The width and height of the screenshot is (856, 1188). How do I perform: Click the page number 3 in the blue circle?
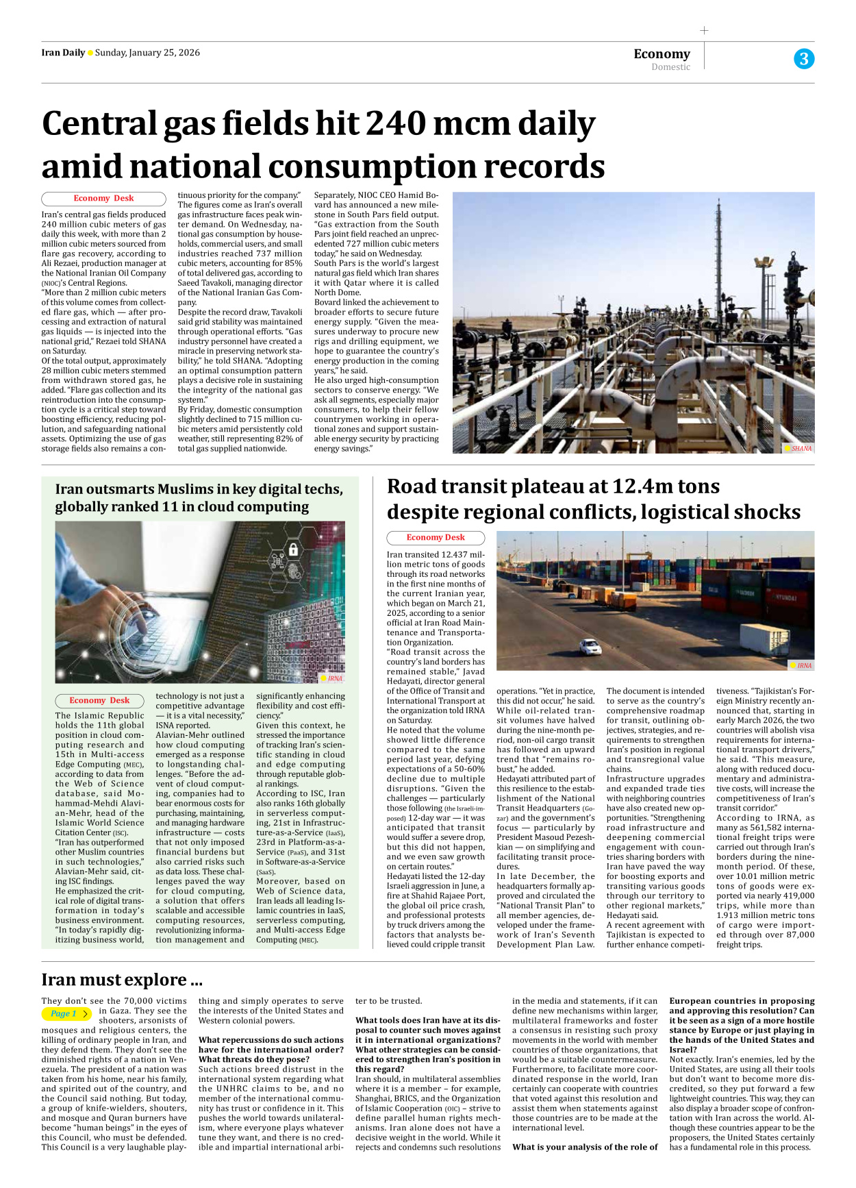pyautogui.click(x=804, y=59)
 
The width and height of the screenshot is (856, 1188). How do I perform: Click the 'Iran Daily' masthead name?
pyautogui.click(x=62, y=53)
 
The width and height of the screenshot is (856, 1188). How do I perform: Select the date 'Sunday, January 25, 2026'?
pyautogui.click(x=147, y=53)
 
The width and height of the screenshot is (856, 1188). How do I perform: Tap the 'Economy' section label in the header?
pyautogui.click(x=662, y=53)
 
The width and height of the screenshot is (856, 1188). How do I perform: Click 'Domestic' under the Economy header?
pyautogui.click(x=670, y=67)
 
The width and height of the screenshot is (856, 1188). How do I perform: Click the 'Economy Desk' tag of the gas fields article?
pyautogui.click(x=103, y=199)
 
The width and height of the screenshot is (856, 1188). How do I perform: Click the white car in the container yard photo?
pyautogui.click(x=590, y=645)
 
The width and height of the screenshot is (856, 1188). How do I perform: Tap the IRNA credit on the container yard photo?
pyautogui.click(x=803, y=665)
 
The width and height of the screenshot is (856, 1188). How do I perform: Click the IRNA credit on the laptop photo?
pyautogui.click(x=334, y=678)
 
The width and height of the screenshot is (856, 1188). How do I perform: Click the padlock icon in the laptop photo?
pyautogui.click(x=293, y=549)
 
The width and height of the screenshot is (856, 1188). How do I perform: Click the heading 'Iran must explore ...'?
pyautogui.click(x=121, y=980)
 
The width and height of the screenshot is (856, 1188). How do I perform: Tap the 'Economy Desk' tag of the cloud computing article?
pyautogui.click(x=99, y=701)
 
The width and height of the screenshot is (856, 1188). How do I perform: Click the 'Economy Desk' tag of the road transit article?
pyautogui.click(x=436, y=538)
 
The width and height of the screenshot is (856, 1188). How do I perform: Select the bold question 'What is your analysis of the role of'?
pyautogui.click(x=585, y=1147)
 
